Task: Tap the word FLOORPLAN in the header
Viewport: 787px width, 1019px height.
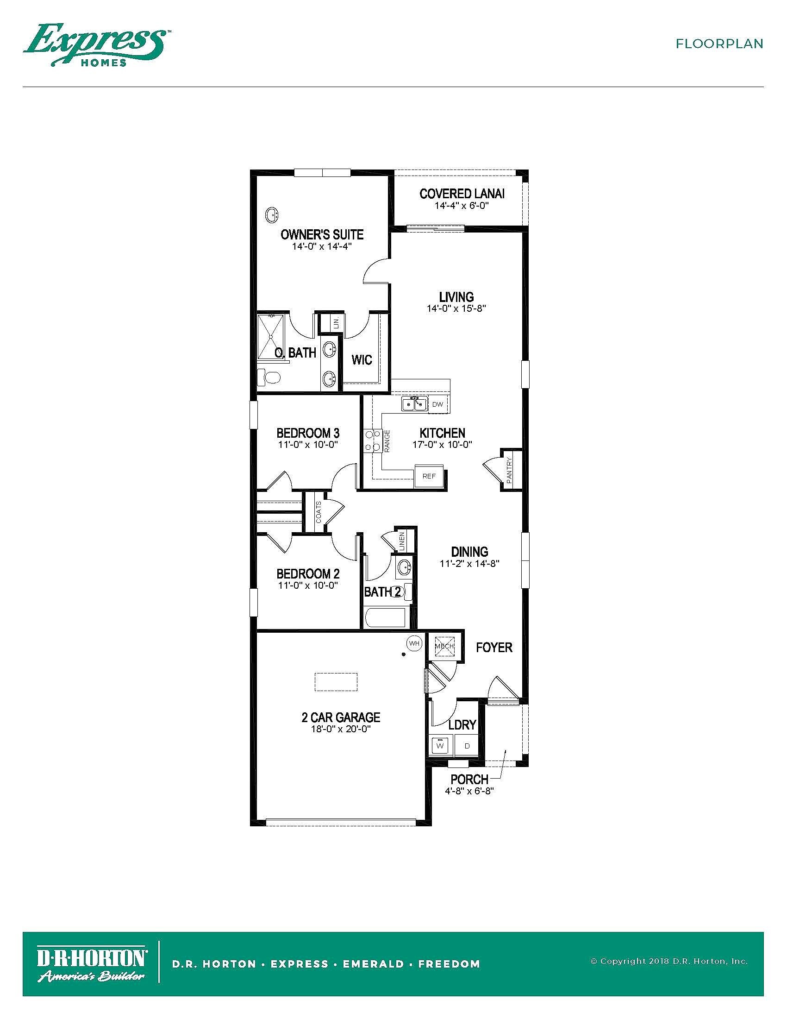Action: [x=719, y=44]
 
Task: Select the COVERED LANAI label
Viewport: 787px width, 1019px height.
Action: [x=462, y=194]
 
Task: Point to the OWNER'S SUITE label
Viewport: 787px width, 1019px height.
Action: [x=322, y=235]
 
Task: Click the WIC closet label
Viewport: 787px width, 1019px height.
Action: [x=362, y=360]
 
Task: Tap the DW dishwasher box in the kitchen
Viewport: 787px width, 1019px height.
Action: [x=438, y=404]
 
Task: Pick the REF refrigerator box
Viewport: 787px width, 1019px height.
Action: [x=429, y=476]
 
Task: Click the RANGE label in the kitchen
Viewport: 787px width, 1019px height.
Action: [x=387, y=441]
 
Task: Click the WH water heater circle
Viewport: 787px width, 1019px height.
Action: [x=414, y=643]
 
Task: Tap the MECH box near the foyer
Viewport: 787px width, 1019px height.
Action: [x=444, y=647]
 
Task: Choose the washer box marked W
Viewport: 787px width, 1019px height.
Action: [x=440, y=746]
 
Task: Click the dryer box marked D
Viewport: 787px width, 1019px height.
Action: [x=467, y=746]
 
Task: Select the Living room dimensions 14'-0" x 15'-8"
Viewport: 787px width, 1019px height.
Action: [x=456, y=308]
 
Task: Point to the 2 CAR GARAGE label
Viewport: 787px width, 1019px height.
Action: [x=341, y=717]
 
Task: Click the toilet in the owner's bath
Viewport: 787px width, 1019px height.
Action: [x=269, y=377]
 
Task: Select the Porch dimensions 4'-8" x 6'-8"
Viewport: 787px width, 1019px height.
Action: [x=469, y=791]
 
